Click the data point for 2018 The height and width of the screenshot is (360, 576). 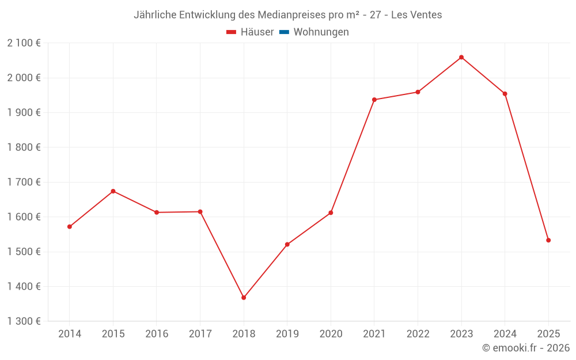pos(244,298)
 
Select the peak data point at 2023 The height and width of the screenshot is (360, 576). pos(461,57)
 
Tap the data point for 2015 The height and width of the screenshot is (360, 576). pos(113,191)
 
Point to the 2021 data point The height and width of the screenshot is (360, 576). pos(374,100)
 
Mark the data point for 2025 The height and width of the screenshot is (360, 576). pos(548,240)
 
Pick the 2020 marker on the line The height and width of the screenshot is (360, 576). pos(331,213)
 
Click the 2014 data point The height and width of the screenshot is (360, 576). pos(70,226)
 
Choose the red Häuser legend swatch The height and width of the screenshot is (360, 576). pos(232,32)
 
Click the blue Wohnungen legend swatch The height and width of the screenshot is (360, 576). pos(284,32)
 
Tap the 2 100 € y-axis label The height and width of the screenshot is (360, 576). pos(24,43)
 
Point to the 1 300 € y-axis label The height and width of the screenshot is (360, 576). pos(24,321)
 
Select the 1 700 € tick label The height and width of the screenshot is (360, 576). pos(24,182)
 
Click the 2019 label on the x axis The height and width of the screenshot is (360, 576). pos(287,334)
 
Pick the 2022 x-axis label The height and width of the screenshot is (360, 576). pos(418,334)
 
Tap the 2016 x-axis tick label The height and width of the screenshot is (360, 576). pos(157,334)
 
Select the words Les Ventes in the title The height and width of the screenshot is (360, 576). pos(416,15)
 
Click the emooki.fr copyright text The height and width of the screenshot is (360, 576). pos(526,348)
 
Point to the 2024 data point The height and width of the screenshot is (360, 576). pos(505,94)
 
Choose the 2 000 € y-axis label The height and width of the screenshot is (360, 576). pos(24,78)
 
